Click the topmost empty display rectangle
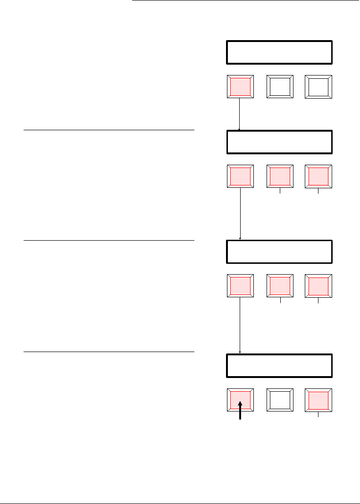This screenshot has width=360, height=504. click(x=279, y=52)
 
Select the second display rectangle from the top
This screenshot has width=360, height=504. click(x=279, y=142)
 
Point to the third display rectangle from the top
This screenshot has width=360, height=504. click(x=279, y=252)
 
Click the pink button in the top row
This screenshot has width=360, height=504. click(x=241, y=87)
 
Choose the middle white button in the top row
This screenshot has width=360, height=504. click(x=280, y=87)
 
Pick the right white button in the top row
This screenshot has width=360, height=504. click(x=318, y=87)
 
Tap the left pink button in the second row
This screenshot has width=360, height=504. click(x=241, y=176)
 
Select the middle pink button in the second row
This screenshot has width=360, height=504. click(x=280, y=176)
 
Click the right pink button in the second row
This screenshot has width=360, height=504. click(x=318, y=176)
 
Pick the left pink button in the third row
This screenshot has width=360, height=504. click(x=241, y=286)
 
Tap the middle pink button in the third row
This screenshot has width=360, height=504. click(x=280, y=286)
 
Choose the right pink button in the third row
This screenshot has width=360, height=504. click(x=318, y=286)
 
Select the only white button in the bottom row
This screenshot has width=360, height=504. click(x=280, y=399)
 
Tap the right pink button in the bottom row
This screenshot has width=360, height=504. click(x=318, y=399)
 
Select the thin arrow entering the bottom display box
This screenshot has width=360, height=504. click(x=241, y=326)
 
